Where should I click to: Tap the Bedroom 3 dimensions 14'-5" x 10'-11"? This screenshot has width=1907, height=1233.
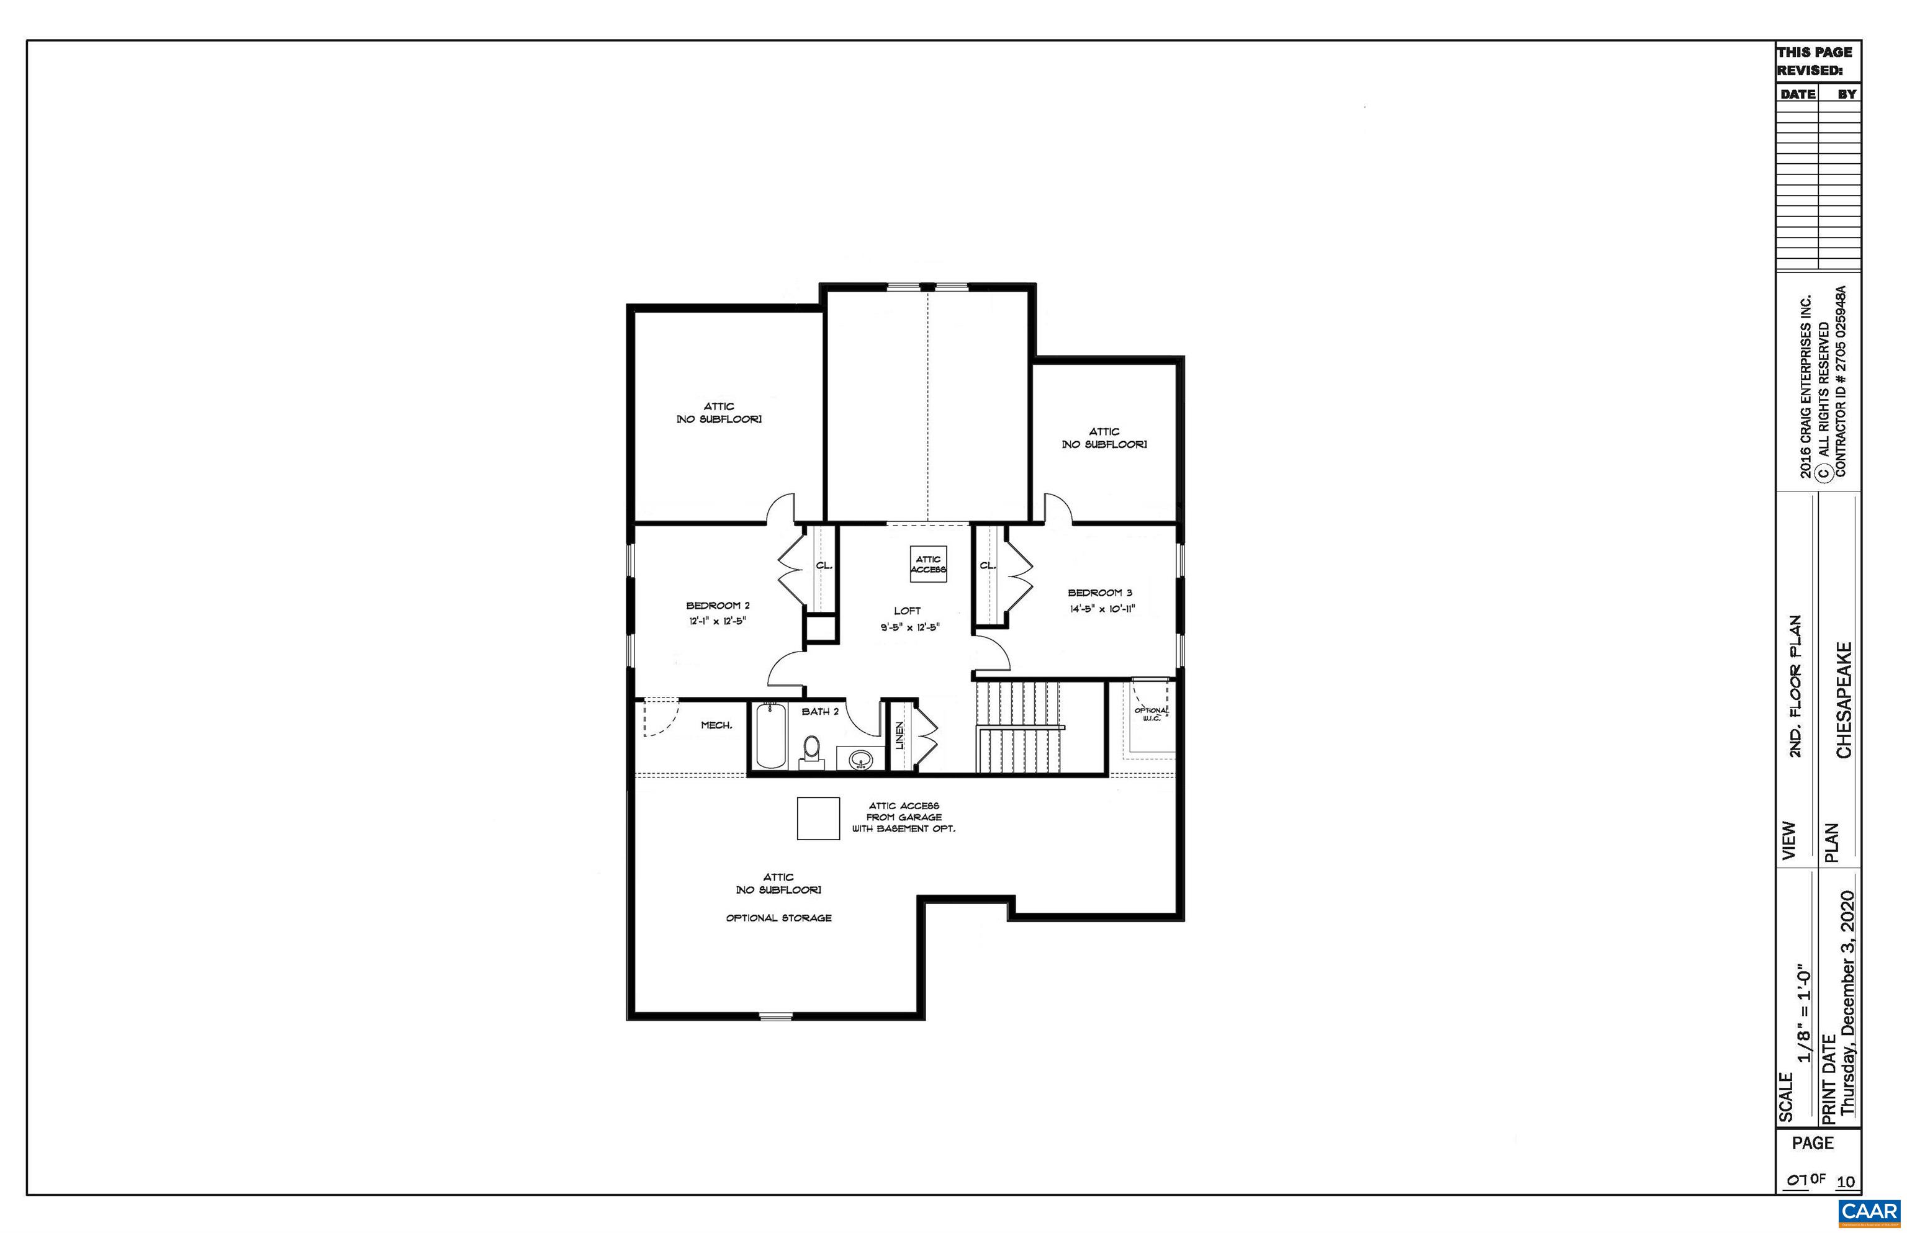[x=1102, y=609]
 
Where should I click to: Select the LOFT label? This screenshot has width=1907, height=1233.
[x=908, y=611]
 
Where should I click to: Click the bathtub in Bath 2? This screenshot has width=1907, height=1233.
[x=770, y=734]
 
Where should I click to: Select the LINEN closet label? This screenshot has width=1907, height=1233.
[x=899, y=734]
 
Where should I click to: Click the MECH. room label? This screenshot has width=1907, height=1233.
[x=716, y=725]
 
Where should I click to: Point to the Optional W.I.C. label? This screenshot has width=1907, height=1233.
[x=1151, y=714]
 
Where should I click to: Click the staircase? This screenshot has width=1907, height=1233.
[x=1018, y=725]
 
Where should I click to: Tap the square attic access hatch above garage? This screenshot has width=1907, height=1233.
[x=818, y=818]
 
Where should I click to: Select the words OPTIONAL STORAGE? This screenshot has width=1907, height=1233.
[x=778, y=918]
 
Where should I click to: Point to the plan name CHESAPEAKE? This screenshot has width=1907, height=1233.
[x=1844, y=700]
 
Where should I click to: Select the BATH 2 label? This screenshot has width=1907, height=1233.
[x=820, y=711]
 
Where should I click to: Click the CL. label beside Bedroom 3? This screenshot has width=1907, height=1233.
[x=988, y=565]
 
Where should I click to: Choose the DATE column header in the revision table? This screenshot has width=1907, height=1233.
[x=1797, y=94]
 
